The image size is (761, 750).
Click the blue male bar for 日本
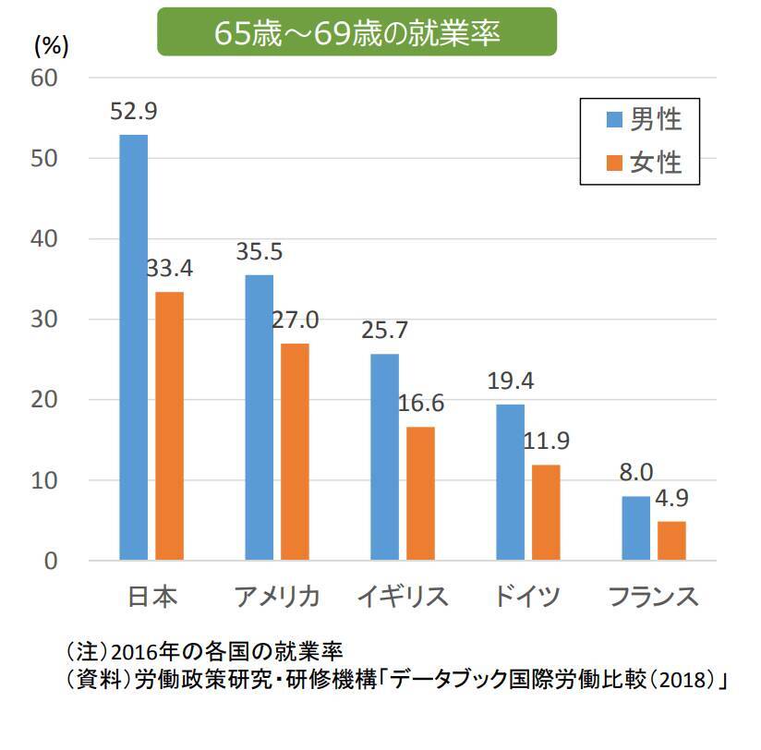[x=133, y=347]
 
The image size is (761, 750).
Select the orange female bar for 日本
[x=169, y=426]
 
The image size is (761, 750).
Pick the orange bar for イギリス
[x=420, y=493]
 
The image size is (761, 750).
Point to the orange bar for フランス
[x=671, y=540]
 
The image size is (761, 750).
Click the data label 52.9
[x=134, y=112]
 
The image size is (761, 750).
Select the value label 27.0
[x=296, y=321]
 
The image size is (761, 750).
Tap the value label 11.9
[x=547, y=441]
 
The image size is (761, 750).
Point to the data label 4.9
[x=673, y=498]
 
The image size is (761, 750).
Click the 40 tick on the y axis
[x=48, y=239]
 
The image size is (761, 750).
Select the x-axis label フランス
[x=654, y=597]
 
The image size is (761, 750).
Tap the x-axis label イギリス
[x=403, y=597]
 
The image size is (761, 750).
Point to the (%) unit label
[x=51, y=43]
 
